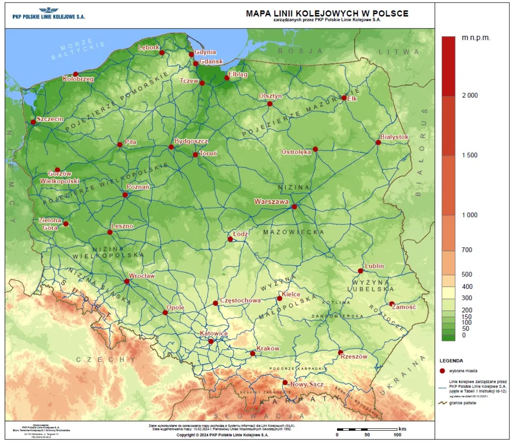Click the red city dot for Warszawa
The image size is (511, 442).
tap(294, 207)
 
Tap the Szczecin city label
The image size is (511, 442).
tap(50, 119)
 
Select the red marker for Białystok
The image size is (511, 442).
tap(378, 142)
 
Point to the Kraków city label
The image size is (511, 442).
tap(268, 348)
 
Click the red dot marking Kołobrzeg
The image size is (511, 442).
tap(76, 74)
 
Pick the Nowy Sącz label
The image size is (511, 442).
tap(307, 384)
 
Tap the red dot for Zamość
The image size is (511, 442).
tap(392, 304)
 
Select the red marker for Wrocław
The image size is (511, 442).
tap(127, 281)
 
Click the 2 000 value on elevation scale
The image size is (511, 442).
tap(470, 95)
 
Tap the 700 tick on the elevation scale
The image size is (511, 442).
tap(467, 250)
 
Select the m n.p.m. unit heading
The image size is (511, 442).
tap(476, 37)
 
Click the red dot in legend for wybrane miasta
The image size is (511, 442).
tap(442, 371)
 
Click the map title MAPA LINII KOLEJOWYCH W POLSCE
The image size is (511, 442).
tap(327, 13)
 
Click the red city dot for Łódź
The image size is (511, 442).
tap(230, 239)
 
